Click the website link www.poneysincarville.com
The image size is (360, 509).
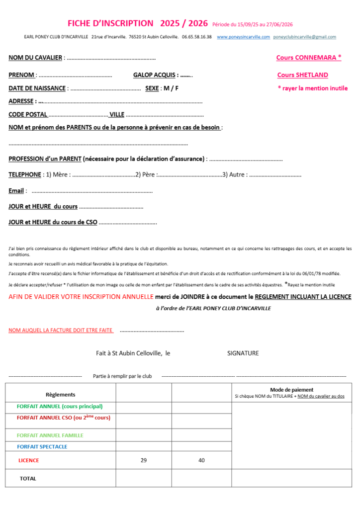(243, 37)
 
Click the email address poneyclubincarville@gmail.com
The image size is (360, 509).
(304, 37)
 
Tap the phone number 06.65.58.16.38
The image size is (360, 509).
(197, 37)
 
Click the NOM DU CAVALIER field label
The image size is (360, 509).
(35, 58)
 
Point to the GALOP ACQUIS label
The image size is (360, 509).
(155, 75)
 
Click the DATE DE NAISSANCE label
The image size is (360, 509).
(37, 88)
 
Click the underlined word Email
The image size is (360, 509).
(16, 191)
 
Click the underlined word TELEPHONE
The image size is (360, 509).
(24, 174)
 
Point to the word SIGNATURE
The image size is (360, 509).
(243, 353)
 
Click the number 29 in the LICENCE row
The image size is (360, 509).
(144, 460)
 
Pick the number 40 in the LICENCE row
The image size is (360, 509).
(201, 460)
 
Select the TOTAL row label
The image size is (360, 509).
(28, 478)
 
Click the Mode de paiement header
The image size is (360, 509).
(291, 390)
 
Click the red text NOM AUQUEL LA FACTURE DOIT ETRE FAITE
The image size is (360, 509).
(61, 330)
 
